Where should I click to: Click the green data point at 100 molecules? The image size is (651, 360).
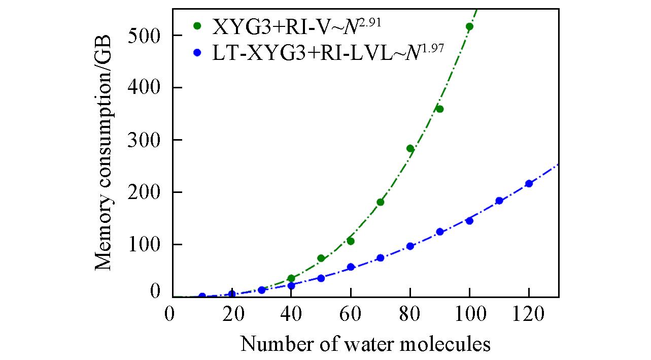(x=469, y=26)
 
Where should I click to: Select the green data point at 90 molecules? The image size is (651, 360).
(x=439, y=109)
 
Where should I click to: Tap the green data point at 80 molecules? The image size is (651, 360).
(x=410, y=148)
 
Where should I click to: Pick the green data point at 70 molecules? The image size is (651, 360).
(x=381, y=202)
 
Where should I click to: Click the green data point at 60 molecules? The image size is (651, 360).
(x=351, y=241)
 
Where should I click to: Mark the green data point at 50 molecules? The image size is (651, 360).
(x=321, y=258)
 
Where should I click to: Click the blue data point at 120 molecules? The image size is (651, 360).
(x=529, y=183)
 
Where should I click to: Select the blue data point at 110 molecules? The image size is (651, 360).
(x=499, y=201)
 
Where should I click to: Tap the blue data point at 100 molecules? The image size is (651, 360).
(x=469, y=221)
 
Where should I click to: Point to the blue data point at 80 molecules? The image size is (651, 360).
(x=410, y=246)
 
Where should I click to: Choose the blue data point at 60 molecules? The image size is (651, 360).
(x=351, y=267)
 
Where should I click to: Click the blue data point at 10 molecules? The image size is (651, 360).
(x=202, y=296)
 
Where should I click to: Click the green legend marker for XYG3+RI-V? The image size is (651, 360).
(x=197, y=25)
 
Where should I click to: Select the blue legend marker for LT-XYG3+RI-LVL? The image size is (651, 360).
(x=197, y=52)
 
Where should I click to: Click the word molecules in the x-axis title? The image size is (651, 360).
(x=450, y=344)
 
